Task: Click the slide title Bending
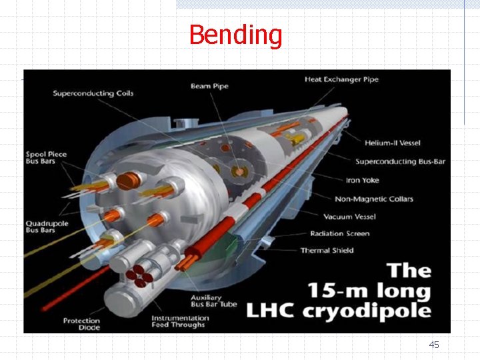point(235,35)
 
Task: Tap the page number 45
point(434,345)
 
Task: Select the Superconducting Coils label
point(93,93)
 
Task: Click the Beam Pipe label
point(209,86)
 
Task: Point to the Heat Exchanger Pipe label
point(341,79)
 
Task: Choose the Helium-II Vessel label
point(393,143)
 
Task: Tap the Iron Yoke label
point(363,180)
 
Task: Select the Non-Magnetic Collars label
point(374,199)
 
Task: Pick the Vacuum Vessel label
point(350,217)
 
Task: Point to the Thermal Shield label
point(327,251)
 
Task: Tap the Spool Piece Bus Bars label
point(46,159)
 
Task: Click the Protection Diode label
point(81,324)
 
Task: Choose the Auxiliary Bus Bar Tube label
point(206,301)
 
